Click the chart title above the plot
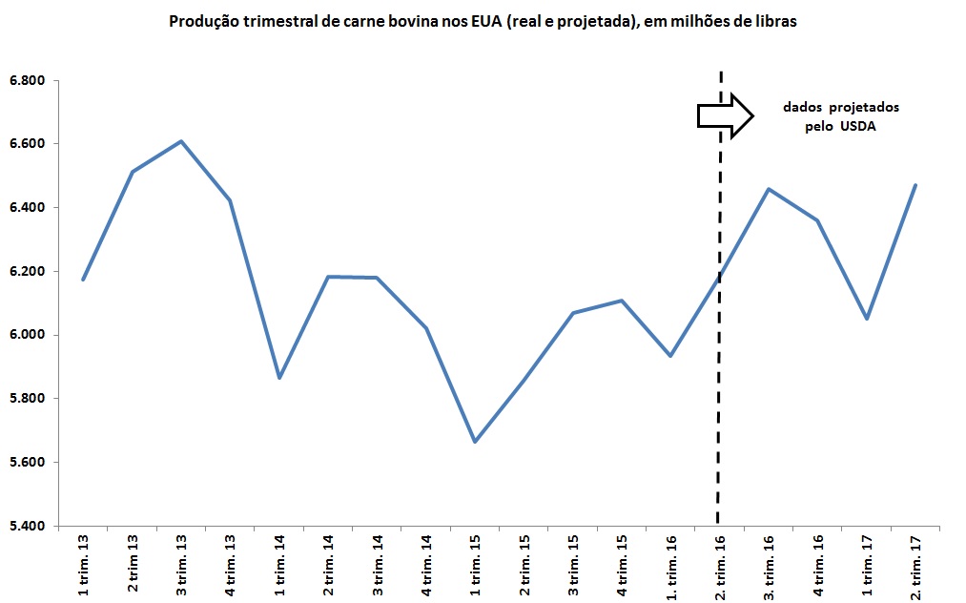[x=482, y=22]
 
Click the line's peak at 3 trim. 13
[x=181, y=141]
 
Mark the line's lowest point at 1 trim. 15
[x=475, y=442]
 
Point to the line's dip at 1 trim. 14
[x=279, y=378]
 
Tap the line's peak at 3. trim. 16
[x=769, y=189]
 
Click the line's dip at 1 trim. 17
[x=866, y=319]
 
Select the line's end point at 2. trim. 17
[x=915, y=185]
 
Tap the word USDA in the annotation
[x=858, y=126]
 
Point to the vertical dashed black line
[x=720, y=382]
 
